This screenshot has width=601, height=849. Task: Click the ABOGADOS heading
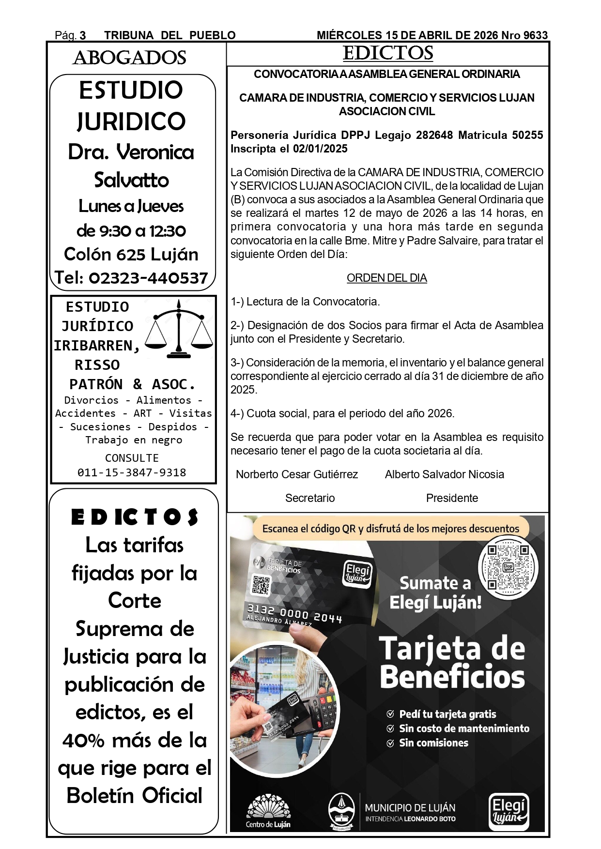click(x=129, y=58)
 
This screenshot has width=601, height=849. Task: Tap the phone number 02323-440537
click(x=148, y=278)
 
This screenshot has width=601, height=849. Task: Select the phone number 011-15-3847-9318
click(x=132, y=472)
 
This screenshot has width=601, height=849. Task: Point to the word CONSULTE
click(x=132, y=458)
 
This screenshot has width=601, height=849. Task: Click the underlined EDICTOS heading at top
click(x=387, y=53)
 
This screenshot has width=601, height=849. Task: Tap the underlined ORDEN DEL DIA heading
click(x=386, y=278)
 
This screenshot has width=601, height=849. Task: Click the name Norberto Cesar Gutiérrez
click(x=296, y=474)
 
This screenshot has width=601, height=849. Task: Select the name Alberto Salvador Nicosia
click(x=444, y=474)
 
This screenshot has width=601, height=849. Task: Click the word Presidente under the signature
click(x=452, y=498)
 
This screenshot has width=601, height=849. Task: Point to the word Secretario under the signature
click(x=310, y=498)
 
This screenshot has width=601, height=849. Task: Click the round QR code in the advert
click(x=508, y=566)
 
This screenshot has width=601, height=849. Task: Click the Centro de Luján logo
click(x=268, y=811)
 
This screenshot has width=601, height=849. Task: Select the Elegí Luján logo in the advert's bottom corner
click(x=508, y=811)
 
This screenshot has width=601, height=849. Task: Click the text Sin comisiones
click(x=433, y=743)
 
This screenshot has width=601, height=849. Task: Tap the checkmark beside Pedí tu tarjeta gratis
click(x=390, y=714)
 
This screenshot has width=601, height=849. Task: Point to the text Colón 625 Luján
click(x=131, y=254)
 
